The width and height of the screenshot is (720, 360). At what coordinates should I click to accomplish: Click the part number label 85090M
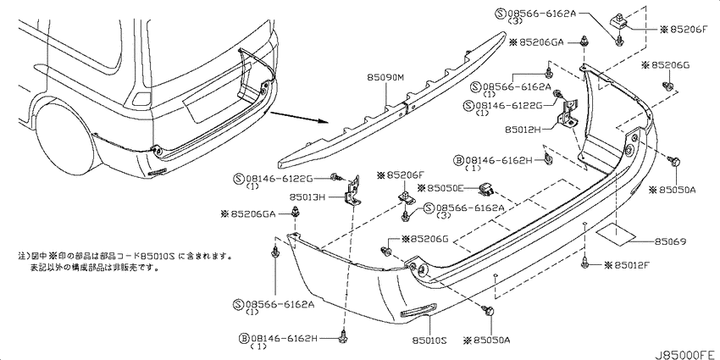point(385,78)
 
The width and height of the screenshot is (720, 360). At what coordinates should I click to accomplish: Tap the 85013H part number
point(307,198)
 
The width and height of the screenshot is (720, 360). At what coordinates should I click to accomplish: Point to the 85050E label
point(441,188)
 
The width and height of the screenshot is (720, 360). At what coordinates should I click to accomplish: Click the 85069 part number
point(670,241)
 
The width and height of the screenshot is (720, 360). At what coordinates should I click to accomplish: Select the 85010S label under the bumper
point(429,341)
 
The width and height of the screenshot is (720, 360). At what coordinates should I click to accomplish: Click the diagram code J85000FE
point(685,354)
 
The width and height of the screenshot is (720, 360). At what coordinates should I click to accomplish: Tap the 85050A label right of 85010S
point(487,341)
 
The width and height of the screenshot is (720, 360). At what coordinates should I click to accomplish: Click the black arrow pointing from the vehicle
point(299,118)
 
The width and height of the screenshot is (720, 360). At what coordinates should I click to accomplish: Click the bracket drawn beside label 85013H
point(352,192)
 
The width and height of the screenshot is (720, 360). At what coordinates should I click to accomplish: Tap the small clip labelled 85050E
point(487,186)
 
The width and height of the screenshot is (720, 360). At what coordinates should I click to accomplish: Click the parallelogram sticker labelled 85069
point(615,234)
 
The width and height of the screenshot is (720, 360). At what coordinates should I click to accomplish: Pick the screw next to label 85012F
point(585,263)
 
